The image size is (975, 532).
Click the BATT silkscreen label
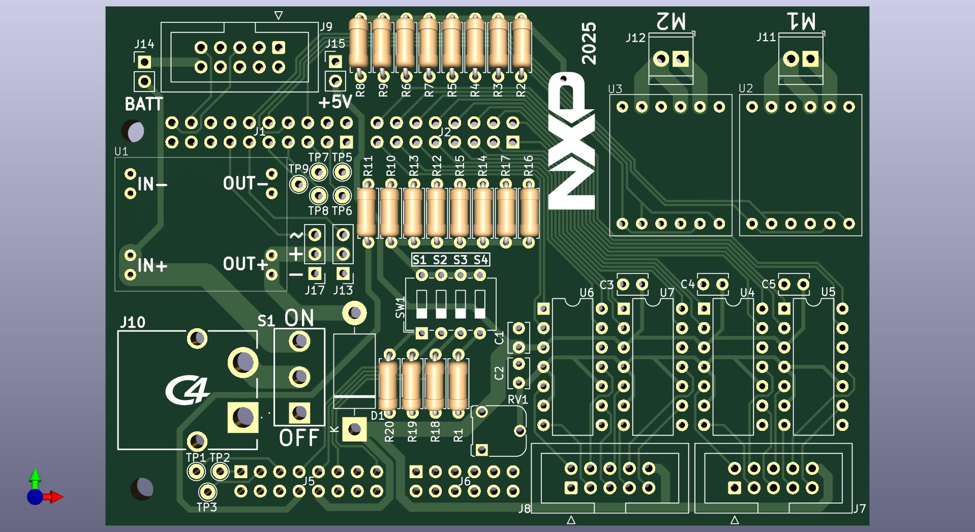click(x=144, y=104)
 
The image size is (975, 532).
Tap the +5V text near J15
click(x=335, y=102)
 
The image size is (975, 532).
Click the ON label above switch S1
click(x=299, y=318)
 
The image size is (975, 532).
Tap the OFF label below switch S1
click(x=299, y=437)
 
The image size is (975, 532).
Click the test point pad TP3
click(x=207, y=492)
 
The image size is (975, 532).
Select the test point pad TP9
click(x=298, y=183)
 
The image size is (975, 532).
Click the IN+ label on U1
click(x=152, y=265)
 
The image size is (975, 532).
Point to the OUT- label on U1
click(x=246, y=183)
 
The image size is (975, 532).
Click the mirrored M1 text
click(x=801, y=21)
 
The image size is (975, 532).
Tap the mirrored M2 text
click(x=671, y=21)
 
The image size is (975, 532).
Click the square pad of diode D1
click(x=354, y=429)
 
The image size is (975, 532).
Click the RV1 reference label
click(x=517, y=400)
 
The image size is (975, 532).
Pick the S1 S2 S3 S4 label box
click(x=450, y=260)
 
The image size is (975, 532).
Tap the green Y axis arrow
click(x=35, y=477)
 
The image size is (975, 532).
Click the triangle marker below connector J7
click(x=735, y=520)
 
